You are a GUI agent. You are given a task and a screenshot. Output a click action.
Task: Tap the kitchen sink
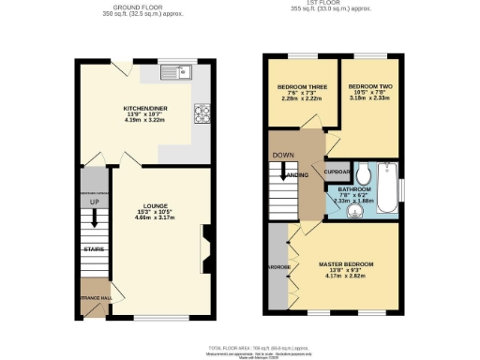(175, 72)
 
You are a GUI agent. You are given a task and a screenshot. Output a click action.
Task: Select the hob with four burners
(201, 113)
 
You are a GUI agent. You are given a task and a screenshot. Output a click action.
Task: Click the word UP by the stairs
(94, 202)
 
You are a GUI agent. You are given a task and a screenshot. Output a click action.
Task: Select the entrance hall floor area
(95, 296)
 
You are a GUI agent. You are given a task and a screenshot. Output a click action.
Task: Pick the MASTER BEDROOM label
(345, 264)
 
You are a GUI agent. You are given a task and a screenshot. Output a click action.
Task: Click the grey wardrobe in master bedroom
(277, 265)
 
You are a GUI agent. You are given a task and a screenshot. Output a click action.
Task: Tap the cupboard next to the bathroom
(337, 172)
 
